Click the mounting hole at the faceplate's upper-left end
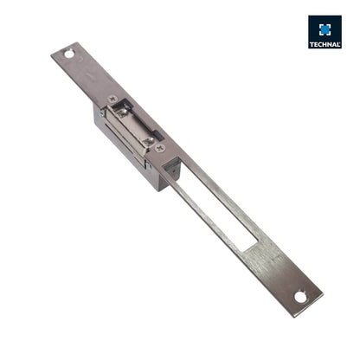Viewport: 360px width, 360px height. coord(68,54)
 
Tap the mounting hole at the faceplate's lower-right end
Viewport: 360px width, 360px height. coord(300,297)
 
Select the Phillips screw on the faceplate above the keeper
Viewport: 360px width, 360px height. coord(112,99)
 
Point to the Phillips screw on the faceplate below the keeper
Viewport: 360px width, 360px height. coord(161,149)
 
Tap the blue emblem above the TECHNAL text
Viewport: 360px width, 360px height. coord(325,29)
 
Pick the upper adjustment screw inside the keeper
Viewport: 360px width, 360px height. coord(124,112)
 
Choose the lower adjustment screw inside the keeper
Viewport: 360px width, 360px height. coord(148,138)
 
